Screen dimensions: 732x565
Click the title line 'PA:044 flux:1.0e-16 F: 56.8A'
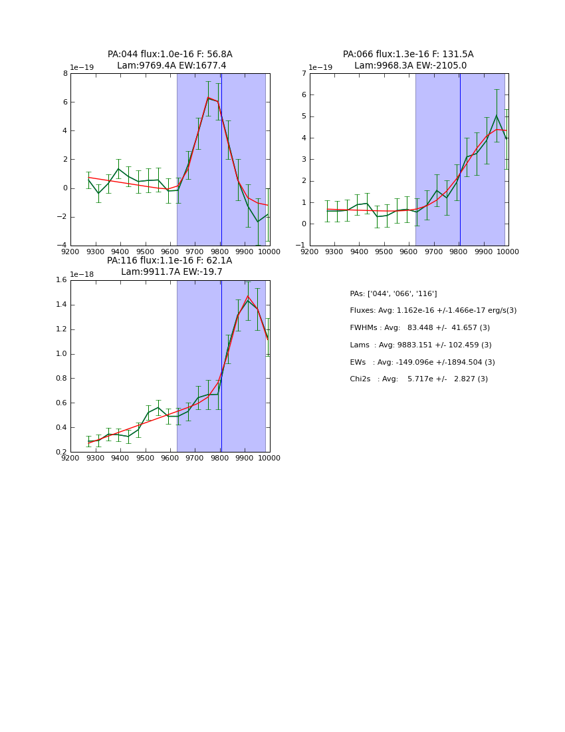pyautogui.click(x=170, y=55)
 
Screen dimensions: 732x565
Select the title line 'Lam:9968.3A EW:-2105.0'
pyautogui.click(x=410, y=66)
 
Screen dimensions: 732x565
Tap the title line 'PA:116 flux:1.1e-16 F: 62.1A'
pyautogui.click(x=169, y=261)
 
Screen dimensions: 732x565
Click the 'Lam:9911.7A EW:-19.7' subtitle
pyautogui.click(x=171, y=272)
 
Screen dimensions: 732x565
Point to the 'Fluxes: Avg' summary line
pyautogui.click(x=433, y=311)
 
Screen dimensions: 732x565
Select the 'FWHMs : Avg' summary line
pyautogui.click(x=419, y=328)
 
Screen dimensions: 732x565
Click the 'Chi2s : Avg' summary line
pyautogui.click(x=419, y=379)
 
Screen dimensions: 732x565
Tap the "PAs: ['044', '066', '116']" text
pyautogui.click(x=394, y=293)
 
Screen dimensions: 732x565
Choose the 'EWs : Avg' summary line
pyautogui.click(x=422, y=362)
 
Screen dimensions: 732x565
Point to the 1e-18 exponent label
pyautogui.click(x=82, y=274)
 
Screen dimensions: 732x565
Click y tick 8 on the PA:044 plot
pyautogui.click(x=64, y=73)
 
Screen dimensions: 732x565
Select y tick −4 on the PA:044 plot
pyautogui.click(x=62, y=245)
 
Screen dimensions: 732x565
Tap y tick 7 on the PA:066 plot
pyautogui.click(x=303, y=73)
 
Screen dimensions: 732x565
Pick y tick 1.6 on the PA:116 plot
pyautogui.click(x=60, y=280)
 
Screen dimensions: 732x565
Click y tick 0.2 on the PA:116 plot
pyautogui.click(x=60, y=452)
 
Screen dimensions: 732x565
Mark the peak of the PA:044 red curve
pyautogui.click(x=208, y=98)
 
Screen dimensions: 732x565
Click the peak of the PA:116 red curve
pyautogui.click(x=248, y=296)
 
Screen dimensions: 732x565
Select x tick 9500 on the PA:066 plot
pyautogui.click(x=384, y=252)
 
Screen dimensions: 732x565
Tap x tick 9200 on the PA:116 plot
pyautogui.click(x=70, y=458)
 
